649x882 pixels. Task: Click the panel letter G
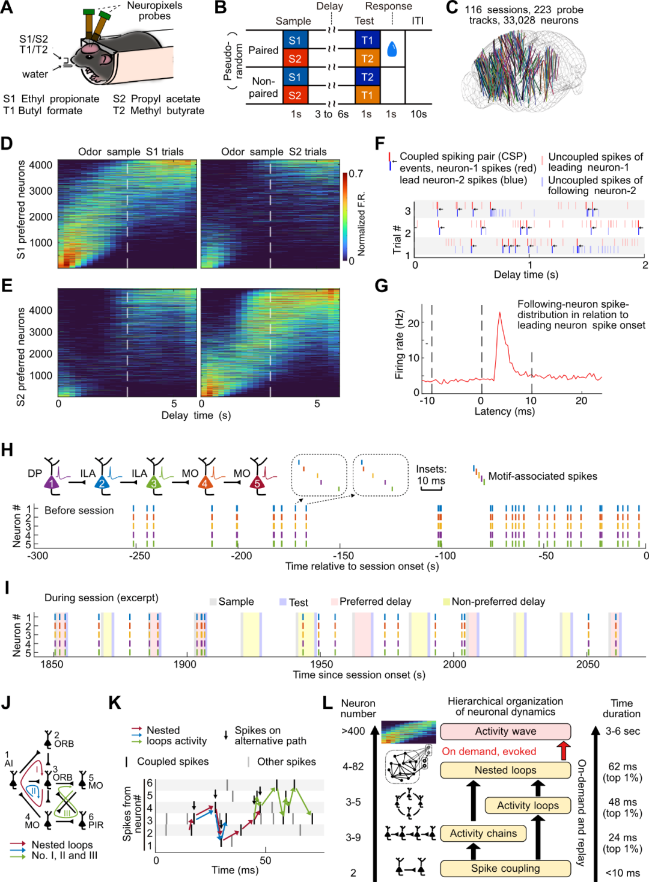click(x=381, y=286)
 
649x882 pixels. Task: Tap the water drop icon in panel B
click(x=392, y=49)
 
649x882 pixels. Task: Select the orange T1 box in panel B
click(x=367, y=95)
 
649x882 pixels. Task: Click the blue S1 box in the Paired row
click(x=294, y=40)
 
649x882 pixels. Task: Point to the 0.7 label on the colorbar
click(x=356, y=174)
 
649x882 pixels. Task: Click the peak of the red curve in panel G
click(x=499, y=313)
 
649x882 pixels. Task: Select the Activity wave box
click(x=505, y=731)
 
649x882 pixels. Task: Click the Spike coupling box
click(x=505, y=868)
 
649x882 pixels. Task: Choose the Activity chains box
click(x=483, y=833)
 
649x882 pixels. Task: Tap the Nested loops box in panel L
click(x=505, y=770)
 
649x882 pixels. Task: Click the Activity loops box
click(x=528, y=806)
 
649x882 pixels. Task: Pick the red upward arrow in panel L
click(x=563, y=751)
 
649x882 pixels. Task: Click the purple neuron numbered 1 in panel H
click(x=52, y=483)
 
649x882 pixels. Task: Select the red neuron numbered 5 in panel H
click(x=258, y=483)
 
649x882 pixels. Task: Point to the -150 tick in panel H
click(x=343, y=556)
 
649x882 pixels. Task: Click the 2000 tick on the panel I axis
click(x=454, y=664)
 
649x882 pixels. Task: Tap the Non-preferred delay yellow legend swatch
click(x=446, y=602)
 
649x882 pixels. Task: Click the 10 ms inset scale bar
click(x=431, y=488)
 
